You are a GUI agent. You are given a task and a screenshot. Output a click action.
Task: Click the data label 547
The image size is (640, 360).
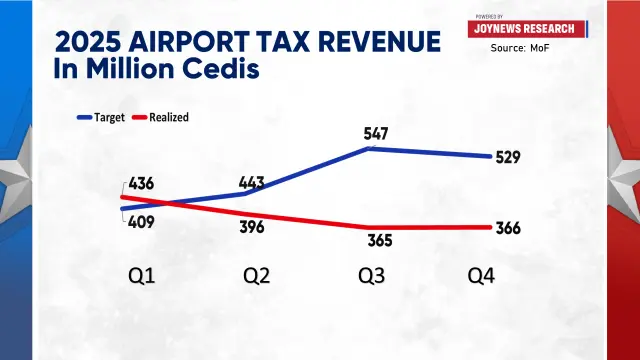[376, 133]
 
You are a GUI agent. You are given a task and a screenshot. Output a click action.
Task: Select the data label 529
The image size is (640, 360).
[508, 157]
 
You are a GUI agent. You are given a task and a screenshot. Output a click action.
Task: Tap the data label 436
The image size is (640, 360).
[141, 184]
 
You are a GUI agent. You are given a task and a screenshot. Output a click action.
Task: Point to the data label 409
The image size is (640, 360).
[141, 222]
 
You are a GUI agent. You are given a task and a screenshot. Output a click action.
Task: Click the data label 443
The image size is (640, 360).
[252, 182]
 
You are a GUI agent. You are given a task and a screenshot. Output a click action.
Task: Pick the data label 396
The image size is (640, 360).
[252, 227]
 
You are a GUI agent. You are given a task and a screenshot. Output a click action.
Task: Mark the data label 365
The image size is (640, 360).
[380, 240]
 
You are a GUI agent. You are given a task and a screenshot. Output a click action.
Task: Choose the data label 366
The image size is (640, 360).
[508, 228]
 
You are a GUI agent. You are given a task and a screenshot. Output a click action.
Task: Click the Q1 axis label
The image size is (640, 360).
[142, 276]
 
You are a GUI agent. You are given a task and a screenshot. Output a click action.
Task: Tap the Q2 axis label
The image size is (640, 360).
[257, 276]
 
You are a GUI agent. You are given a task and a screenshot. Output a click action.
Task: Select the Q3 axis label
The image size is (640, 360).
[371, 276]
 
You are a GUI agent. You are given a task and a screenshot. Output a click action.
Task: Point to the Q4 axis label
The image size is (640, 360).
[481, 276]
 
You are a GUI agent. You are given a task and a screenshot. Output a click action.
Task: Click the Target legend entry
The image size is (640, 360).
[101, 118]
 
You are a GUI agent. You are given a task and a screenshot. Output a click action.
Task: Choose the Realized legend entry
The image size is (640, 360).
[160, 118]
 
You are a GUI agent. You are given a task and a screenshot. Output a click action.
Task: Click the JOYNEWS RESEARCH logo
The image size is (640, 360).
[527, 29]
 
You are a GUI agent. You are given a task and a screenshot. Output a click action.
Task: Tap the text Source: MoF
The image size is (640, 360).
[520, 48]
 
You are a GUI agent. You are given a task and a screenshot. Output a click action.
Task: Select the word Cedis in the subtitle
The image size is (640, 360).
[220, 68]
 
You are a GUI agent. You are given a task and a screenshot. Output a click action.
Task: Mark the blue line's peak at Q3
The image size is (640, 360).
[369, 149]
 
